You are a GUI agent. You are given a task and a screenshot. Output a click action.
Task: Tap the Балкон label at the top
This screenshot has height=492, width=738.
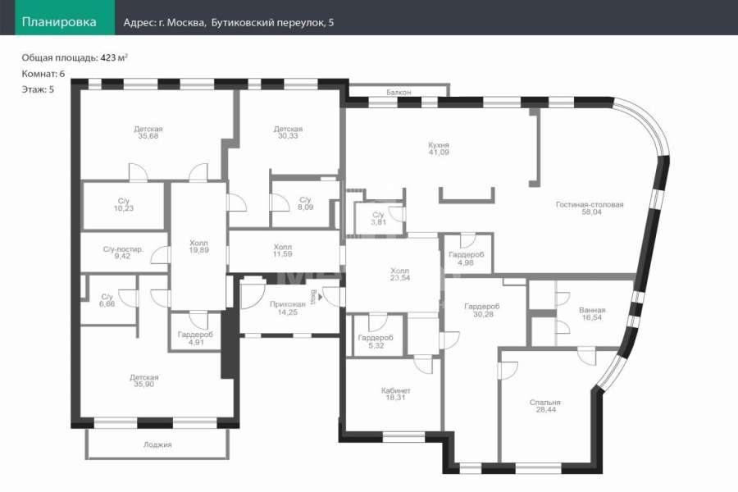coord(399,93)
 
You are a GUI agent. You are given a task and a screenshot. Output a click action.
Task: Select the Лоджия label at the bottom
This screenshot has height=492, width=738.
coord(157,444)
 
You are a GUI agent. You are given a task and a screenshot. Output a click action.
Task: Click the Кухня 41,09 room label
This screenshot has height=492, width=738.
coord(439,148)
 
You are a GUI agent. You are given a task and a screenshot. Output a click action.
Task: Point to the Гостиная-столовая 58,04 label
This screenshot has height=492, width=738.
coord(590,208)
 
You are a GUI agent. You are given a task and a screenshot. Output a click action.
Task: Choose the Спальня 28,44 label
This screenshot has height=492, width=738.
coord(545,406)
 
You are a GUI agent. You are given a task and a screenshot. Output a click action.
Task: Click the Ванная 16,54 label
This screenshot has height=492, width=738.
coord(592,313)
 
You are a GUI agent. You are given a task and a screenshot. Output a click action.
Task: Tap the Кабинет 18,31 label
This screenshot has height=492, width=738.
coord(395,394)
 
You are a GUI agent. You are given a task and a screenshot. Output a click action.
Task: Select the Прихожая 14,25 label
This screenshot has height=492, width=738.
coord(288,308)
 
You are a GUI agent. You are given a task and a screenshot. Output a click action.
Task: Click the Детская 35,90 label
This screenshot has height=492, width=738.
coord(144,380)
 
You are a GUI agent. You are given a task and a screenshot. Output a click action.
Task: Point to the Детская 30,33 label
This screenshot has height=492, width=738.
coord(288,132)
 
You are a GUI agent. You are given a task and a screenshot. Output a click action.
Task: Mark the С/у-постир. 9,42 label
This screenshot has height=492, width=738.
coord(123,253)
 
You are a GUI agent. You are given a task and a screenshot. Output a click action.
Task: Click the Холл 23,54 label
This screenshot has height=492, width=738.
coord(399,275)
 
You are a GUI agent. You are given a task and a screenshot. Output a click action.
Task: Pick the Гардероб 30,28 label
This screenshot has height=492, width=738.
coord(482,310)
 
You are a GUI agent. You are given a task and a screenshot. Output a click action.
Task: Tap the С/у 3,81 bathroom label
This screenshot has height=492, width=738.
coord(378,218)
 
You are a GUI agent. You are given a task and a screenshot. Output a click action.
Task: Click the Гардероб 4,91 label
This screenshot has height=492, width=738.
coord(195,338)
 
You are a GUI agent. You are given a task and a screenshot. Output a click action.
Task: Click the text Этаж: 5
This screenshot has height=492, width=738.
coord(38,89)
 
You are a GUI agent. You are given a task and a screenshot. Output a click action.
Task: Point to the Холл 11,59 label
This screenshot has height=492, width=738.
coord(282,250)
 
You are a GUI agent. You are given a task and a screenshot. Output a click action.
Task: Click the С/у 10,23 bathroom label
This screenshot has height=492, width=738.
coord(123,204)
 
